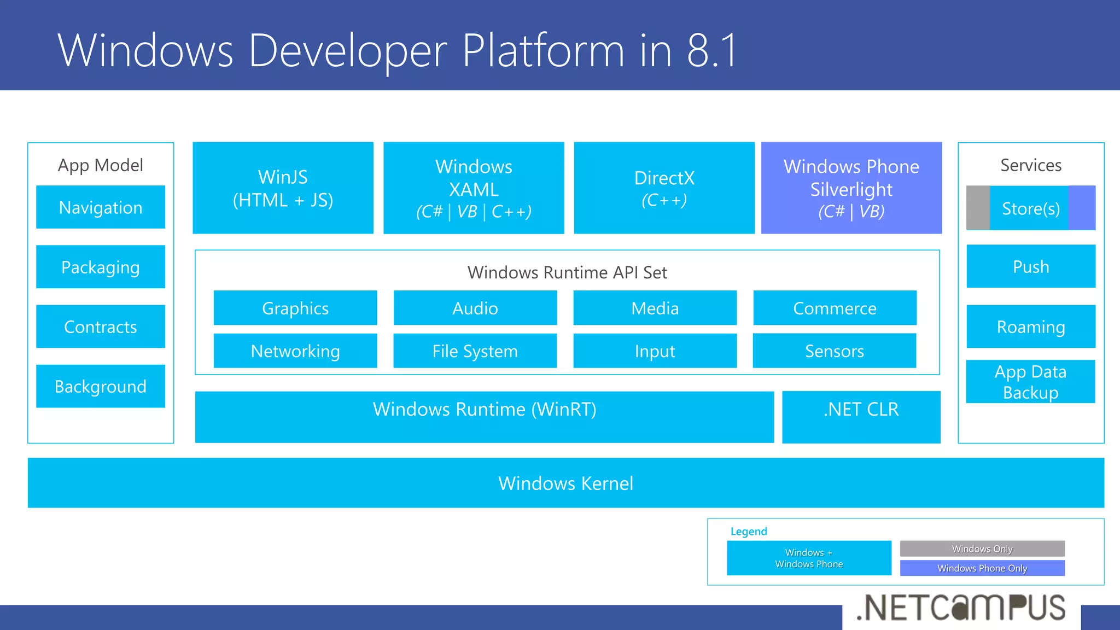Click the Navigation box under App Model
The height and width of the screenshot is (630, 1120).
pyautogui.click(x=101, y=207)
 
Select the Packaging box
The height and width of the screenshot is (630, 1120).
pyautogui.click(x=101, y=267)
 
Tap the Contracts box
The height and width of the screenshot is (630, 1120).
pyautogui.click(x=101, y=326)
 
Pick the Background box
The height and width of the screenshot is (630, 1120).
pyautogui.click(x=101, y=386)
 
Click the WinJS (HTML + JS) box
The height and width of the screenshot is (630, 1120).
pyautogui.click(x=283, y=188)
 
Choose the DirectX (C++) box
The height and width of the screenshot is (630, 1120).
pyautogui.click(x=664, y=188)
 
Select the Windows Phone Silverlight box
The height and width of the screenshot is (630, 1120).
pyautogui.click(x=851, y=188)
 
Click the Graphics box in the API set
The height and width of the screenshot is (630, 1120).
pyautogui.click(x=295, y=308)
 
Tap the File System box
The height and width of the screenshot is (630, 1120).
pyautogui.click(x=475, y=351)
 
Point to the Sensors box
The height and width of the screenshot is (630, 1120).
pyautogui.click(x=834, y=351)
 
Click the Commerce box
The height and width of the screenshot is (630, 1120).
pyautogui.click(x=835, y=308)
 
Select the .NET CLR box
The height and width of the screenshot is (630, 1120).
pyautogui.click(x=861, y=417)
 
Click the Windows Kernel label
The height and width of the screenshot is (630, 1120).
pyautogui.click(x=565, y=483)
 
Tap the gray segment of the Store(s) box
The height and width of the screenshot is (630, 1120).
pyautogui.click(x=978, y=208)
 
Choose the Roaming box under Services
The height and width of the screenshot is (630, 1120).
pyautogui.click(x=1031, y=326)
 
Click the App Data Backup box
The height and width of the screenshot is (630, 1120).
pyautogui.click(x=1030, y=382)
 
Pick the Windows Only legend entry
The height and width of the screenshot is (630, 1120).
pyautogui.click(x=982, y=549)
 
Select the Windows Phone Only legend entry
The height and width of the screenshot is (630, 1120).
pyautogui.click(x=982, y=568)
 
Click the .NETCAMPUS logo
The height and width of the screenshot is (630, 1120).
pyautogui.click(x=961, y=608)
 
